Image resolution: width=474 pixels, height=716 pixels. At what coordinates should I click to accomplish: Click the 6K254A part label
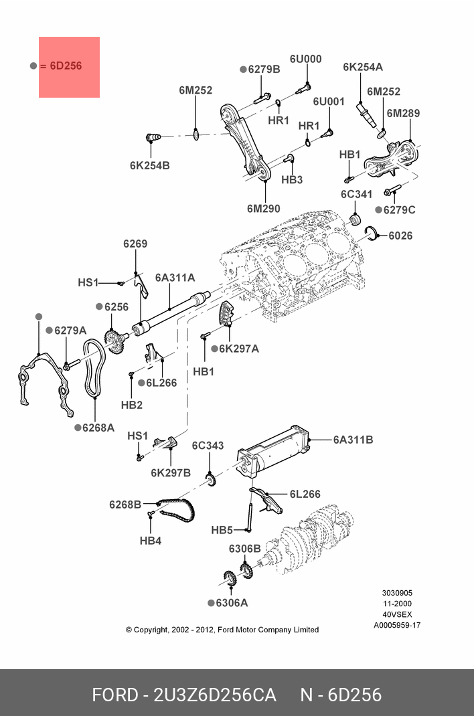click(x=363, y=67)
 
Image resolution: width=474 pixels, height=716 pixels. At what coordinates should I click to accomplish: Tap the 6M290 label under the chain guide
click(x=264, y=209)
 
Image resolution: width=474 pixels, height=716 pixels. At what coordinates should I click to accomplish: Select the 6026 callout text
click(x=400, y=236)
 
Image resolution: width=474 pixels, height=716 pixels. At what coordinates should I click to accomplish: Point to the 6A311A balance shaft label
click(x=175, y=278)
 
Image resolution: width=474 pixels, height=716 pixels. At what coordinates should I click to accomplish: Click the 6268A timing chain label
click(x=98, y=428)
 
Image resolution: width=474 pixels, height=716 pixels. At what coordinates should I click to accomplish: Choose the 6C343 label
click(x=208, y=446)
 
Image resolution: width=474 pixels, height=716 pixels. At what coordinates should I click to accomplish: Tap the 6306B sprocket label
click(x=245, y=549)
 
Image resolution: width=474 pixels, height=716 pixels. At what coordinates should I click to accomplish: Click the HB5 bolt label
click(x=222, y=530)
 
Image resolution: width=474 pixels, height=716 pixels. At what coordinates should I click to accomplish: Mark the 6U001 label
click(x=328, y=101)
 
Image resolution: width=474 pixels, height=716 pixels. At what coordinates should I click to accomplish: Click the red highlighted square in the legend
click(x=70, y=67)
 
